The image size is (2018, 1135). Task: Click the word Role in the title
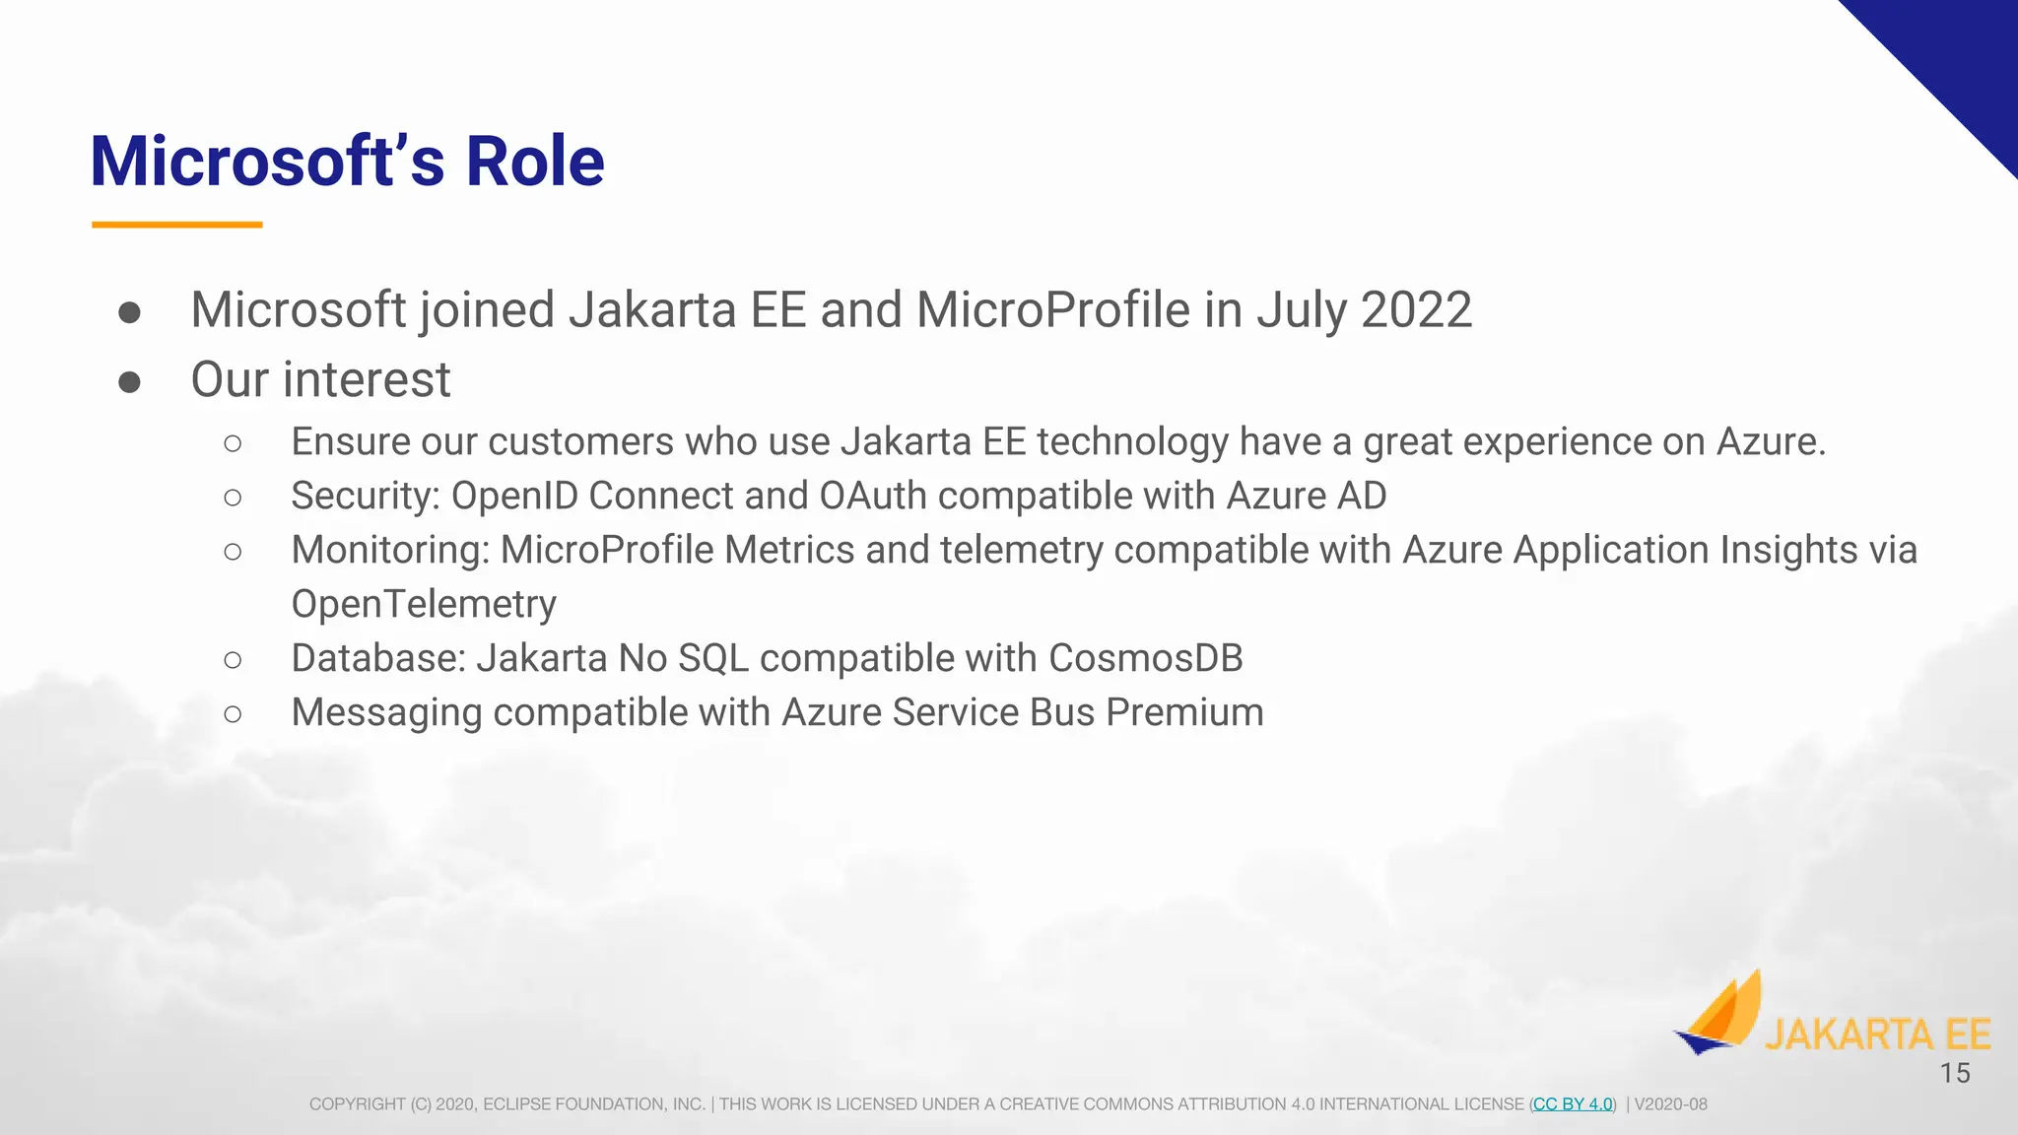[x=534, y=162]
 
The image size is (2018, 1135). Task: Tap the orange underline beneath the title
[x=177, y=225]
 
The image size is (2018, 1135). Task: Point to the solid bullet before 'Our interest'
[x=129, y=381]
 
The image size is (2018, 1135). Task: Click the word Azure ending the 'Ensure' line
[x=1770, y=441]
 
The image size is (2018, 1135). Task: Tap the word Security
[x=365, y=496]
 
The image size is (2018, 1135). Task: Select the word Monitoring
[x=390, y=550]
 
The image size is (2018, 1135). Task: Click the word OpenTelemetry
[x=424, y=604]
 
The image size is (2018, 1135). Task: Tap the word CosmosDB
[x=1146, y=658]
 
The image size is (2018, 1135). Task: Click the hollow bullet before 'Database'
[x=233, y=660]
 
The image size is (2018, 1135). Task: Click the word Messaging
[x=386, y=713]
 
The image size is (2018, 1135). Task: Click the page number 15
[x=1955, y=1073]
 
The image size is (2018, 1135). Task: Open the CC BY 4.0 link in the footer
[x=1573, y=1104]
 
